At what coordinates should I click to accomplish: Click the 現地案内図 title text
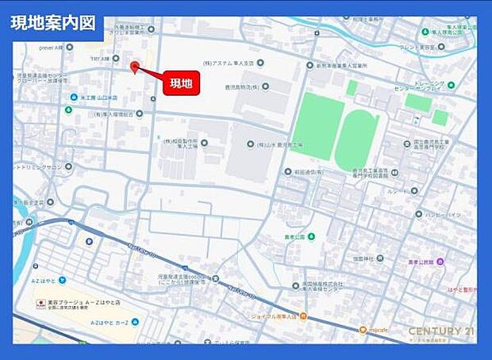52,23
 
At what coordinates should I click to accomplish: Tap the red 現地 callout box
181,82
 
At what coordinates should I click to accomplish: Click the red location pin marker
135,67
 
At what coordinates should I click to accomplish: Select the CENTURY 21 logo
440,331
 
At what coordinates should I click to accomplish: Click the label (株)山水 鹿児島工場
275,144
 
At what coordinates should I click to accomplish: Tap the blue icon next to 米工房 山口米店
72,98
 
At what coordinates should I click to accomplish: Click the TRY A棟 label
100,59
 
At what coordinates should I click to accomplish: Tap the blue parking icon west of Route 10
89,242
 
